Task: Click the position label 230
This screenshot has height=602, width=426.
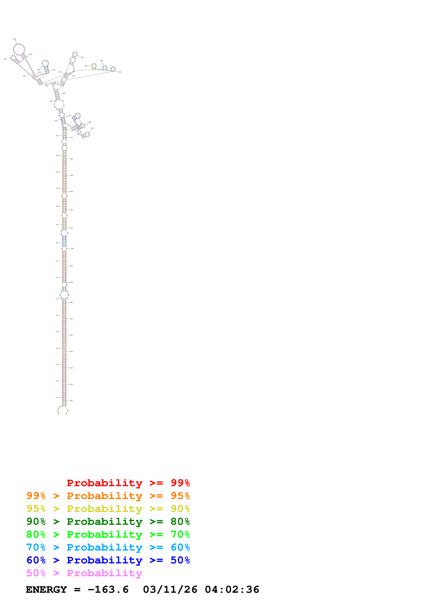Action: click(15, 39)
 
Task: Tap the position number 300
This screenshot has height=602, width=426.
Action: click(120, 72)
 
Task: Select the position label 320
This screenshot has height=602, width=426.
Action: click(82, 57)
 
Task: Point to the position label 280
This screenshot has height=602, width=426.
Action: click(86, 66)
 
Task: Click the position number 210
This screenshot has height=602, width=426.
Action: click(5, 59)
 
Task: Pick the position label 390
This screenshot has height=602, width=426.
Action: click(92, 128)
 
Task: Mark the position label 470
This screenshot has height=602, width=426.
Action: click(73, 248)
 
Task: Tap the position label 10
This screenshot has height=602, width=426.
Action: click(57, 397)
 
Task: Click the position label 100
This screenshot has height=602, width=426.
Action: click(57, 243)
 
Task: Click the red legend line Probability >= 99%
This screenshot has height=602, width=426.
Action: click(128, 483)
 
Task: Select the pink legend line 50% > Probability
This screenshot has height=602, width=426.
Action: click(84, 573)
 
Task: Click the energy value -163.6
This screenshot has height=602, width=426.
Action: click(108, 590)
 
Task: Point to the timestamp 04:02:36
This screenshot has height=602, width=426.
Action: click(232, 590)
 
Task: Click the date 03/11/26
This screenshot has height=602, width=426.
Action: click(170, 590)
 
